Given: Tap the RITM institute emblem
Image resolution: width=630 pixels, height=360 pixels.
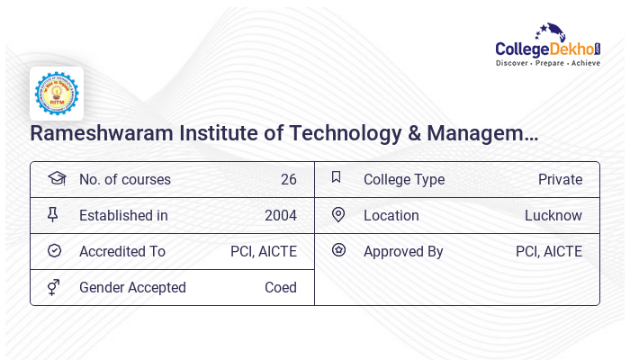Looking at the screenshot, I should pyautogui.click(x=57, y=94).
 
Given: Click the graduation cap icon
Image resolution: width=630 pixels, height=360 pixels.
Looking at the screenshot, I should pyautogui.click(x=57, y=178).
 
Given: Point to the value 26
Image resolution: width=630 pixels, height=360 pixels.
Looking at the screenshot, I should pyautogui.click(x=288, y=180).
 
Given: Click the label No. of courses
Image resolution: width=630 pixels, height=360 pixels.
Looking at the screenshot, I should pyautogui.click(x=124, y=180).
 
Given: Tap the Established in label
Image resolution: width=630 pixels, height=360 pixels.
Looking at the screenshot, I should pyautogui.click(x=123, y=216).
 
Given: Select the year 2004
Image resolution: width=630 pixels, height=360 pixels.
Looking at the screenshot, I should pyautogui.click(x=280, y=216).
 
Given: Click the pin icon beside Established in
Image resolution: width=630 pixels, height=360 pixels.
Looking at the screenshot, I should pyautogui.click(x=53, y=214).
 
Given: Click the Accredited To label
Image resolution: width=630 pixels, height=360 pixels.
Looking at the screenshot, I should pyautogui.click(x=121, y=252).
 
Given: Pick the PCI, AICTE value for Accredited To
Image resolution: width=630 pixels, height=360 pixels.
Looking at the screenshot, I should pyautogui.click(x=263, y=252).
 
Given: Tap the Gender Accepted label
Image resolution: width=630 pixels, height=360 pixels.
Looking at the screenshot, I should pyautogui.click(x=132, y=288).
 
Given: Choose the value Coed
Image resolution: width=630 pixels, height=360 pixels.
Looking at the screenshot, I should pyautogui.click(x=280, y=288).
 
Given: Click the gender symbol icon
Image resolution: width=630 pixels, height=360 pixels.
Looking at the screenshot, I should pyautogui.click(x=54, y=287).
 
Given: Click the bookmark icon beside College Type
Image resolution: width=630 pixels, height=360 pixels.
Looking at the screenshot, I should pyautogui.click(x=337, y=177).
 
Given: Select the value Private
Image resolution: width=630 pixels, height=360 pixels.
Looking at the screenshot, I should pyautogui.click(x=560, y=180).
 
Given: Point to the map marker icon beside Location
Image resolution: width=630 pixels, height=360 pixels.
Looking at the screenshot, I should pyautogui.click(x=338, y=214).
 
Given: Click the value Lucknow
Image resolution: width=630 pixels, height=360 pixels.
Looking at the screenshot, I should pyautogui.click(x=553, y=216).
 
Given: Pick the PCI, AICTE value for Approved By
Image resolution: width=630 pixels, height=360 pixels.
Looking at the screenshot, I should pyautogui.click(x=548, y=252).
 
